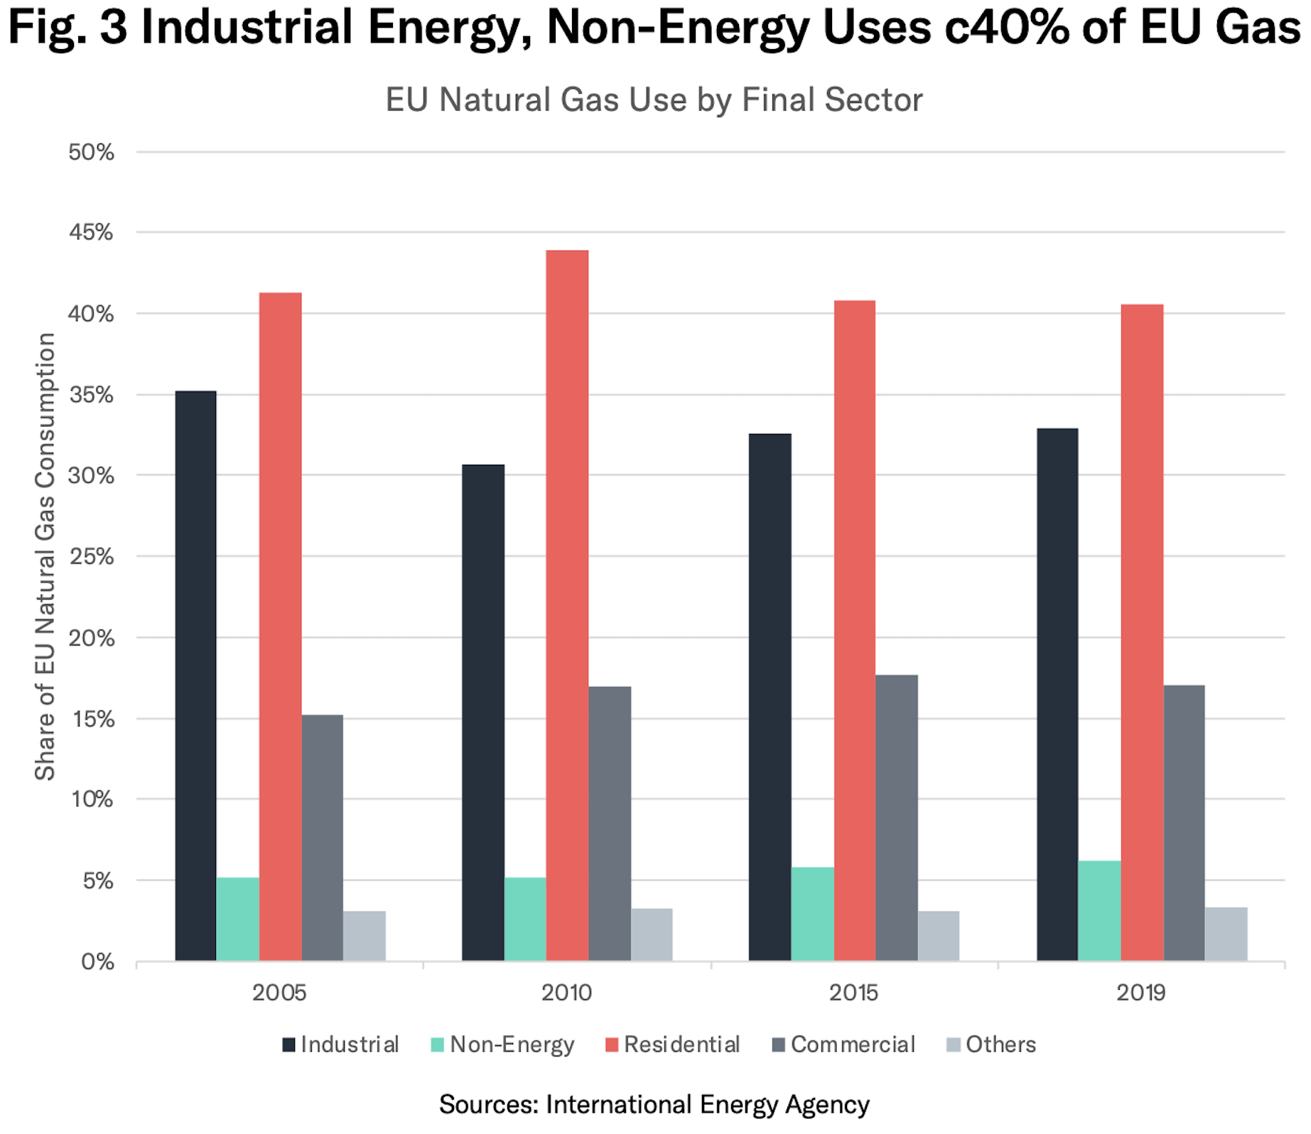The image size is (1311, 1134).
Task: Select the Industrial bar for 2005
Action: tap(195, 676)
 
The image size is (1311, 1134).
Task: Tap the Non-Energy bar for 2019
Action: tap(1099, 911)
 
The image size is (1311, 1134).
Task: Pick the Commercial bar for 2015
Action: tap(897, 818)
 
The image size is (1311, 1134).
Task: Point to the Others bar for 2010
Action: tap(652, 934)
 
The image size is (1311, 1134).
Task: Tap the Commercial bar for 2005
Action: tap(323, 838)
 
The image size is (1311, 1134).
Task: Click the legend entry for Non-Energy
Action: tap(502, 1044)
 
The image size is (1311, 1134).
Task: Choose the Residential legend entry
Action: tap(672, 1044)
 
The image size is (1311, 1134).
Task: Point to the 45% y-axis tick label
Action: tap(91, 232)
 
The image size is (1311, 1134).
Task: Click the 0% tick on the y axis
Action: tap(97, 962)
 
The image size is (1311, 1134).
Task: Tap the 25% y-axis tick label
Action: tap(91, 556)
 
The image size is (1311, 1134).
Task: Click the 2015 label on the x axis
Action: tap(854, 993)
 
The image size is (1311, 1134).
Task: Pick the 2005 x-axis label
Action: tap(279, 993)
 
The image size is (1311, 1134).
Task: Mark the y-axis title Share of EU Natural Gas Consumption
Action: tap(45, 556)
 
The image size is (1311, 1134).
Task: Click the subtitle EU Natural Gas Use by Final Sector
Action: tap(654, 99)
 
